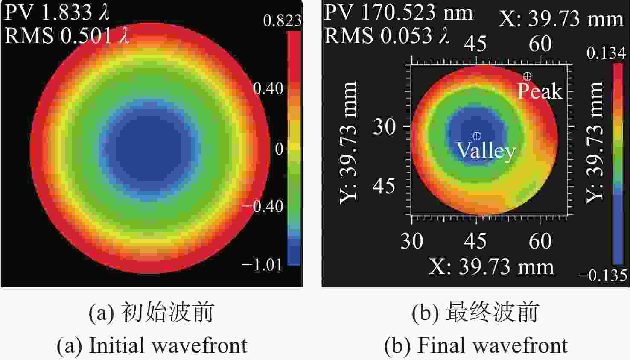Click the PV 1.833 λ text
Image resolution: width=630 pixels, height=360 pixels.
(x=57, y=13)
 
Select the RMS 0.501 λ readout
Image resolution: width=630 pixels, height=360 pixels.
(x=67, y=35)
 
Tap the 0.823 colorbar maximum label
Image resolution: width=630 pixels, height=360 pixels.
(x=282, y=20)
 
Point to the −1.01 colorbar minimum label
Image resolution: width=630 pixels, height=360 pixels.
(x=262, y=265)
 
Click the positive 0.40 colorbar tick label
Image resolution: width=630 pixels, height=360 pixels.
(x=268, y=88)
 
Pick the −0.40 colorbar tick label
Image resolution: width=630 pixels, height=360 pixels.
(x=263, y=206)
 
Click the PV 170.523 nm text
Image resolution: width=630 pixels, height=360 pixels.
(x=398, y=13)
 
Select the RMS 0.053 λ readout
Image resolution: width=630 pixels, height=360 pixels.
(x=387, y=35)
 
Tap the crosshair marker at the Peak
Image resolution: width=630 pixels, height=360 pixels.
(x=528, y=76)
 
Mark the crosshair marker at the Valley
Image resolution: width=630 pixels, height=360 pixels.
(x=477, y=136)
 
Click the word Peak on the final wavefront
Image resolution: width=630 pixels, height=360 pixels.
(x=540, y=91)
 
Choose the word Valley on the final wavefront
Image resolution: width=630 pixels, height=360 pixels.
(x=486, y=151)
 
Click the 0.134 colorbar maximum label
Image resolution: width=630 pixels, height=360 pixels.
(x=606, y=53)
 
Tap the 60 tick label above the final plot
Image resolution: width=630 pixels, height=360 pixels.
(x=540, y=44)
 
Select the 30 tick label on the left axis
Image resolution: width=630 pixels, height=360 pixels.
(x=384, y=126)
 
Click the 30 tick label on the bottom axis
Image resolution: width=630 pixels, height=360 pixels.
(x=411, y=241)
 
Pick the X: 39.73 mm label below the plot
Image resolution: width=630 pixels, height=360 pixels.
(x=491, y=267)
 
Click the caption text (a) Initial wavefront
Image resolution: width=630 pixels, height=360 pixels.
(x=152, y=345)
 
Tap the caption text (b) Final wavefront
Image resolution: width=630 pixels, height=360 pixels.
(x=475, y=345)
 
